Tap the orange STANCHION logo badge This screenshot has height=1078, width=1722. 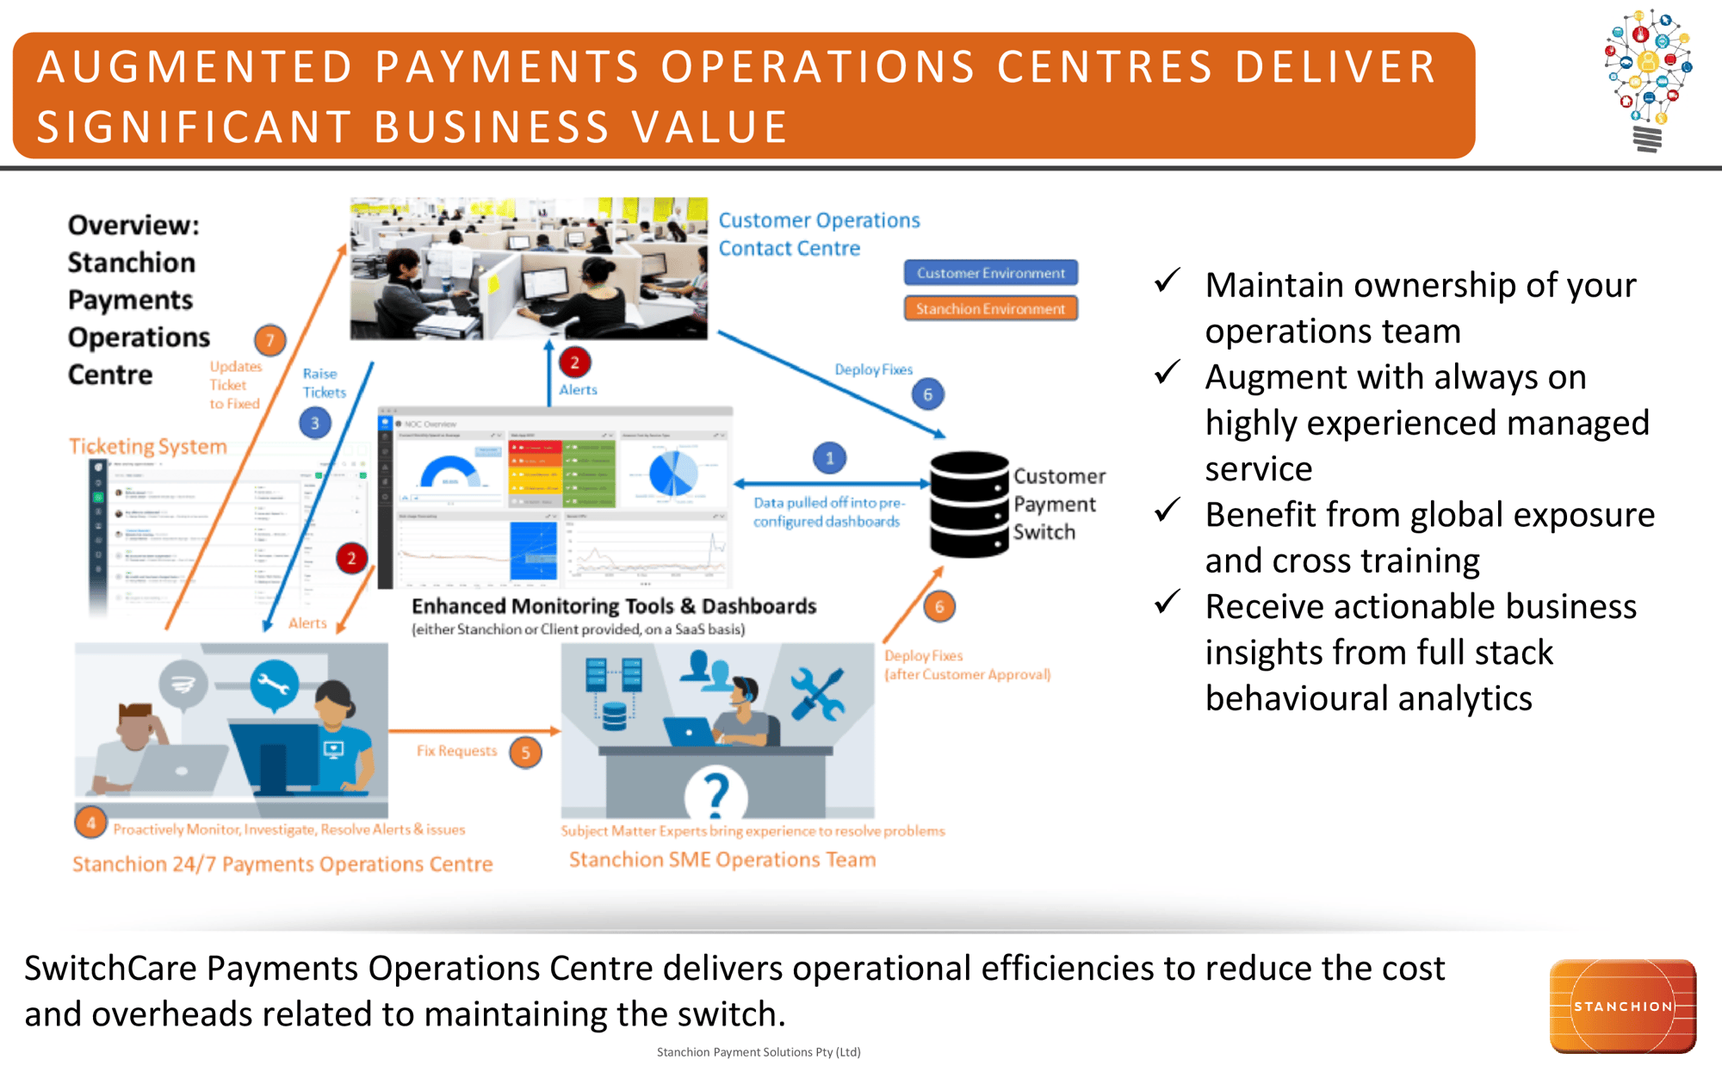tap(1622, 1006)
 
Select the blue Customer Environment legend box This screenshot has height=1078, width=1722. tap(990, 273)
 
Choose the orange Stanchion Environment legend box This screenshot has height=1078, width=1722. tap(990, 308)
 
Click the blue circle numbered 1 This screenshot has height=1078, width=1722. tap(829, 458)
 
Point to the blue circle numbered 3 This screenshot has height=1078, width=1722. tap(315, 423)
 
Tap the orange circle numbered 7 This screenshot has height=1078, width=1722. tap(269, 340)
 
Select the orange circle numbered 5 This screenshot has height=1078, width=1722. tap(525, 752)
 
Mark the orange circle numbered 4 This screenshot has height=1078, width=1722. tap(90, 822)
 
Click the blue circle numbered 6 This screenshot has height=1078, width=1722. tap(927, 394)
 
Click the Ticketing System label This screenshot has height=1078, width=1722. tap(148, 446)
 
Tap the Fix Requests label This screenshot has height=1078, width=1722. tap(456, 751)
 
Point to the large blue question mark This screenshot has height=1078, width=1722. tap(715, 794)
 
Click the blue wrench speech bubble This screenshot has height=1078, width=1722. tap(274, 685)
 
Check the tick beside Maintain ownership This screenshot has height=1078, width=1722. tap(1168, 281)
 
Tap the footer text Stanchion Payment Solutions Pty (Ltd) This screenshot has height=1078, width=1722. tap(759, 1052)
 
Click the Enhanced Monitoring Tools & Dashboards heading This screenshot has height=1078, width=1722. tap(613, 606)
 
